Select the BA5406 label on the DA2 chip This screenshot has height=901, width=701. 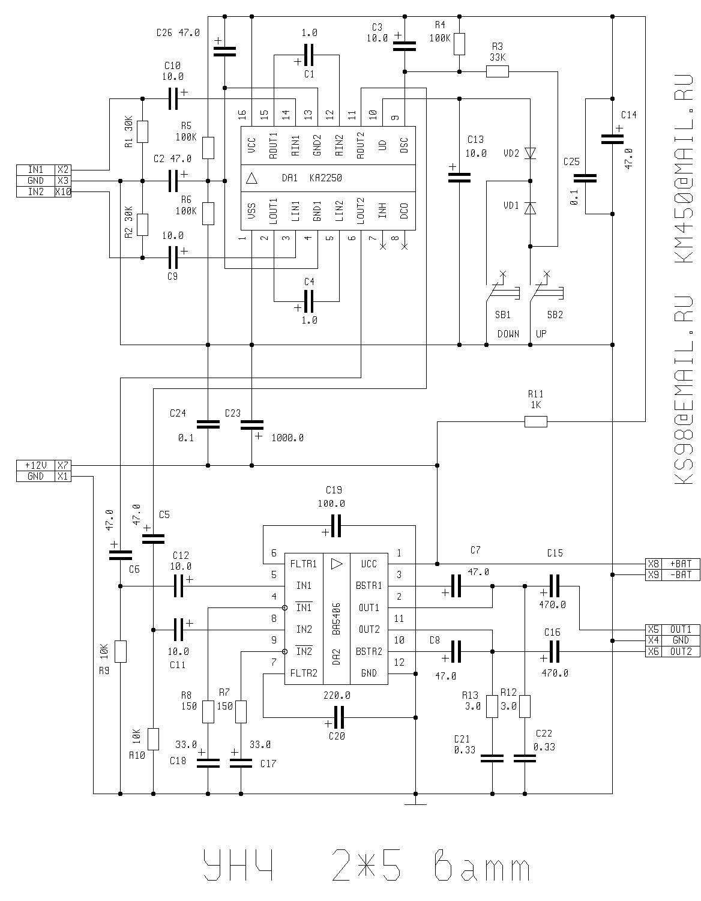(336, 618)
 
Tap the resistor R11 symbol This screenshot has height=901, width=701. (535, 422)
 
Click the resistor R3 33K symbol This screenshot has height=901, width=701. (497, 72)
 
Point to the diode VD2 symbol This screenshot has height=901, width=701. (529, 154)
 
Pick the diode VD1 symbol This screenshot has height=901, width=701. (529, 208)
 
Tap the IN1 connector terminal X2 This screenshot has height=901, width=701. (63, 170)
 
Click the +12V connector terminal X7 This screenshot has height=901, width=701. (63, 465)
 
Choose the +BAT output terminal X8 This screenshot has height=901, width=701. (653, 564)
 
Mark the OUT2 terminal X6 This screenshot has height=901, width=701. (653, 651)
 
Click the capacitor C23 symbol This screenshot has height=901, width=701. (251, 424)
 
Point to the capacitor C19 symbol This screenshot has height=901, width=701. (335, 526)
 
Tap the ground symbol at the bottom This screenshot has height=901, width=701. (415, 802)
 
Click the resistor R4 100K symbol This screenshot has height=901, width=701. (459, 44)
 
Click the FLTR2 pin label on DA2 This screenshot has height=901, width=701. (304, 673)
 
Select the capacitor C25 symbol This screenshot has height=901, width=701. (585, 178)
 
